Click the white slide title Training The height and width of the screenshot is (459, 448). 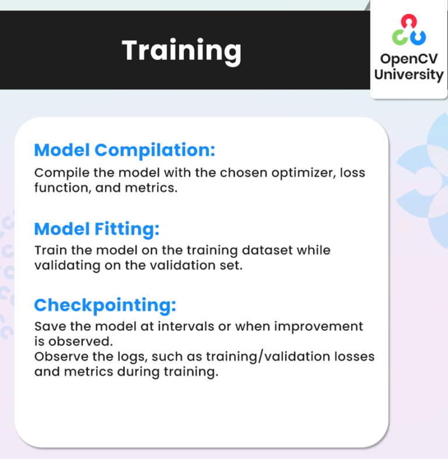pos(181,51)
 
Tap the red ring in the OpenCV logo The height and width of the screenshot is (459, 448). pos(408,22)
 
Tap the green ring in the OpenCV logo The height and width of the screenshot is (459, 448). pos(400,38)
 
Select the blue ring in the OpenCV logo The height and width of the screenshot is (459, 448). pos(418,38)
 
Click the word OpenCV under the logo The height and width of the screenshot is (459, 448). pos(408,59)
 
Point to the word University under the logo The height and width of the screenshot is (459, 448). pos(408,75)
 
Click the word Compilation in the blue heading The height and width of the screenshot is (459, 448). pos(155,150)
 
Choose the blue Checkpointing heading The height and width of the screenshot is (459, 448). pos(105,305)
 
